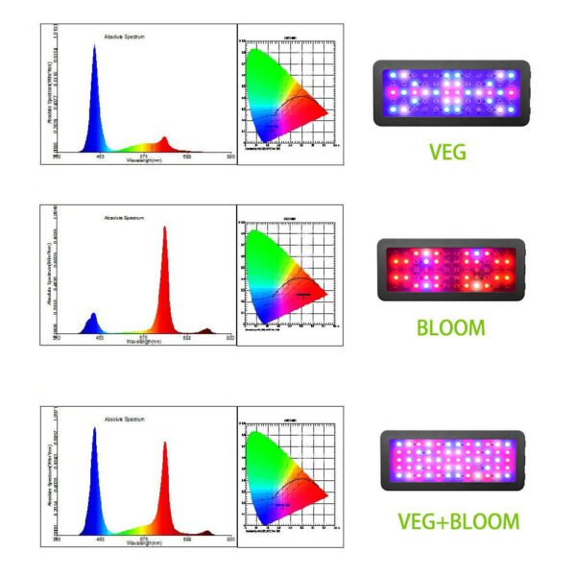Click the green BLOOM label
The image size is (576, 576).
pos(450,327)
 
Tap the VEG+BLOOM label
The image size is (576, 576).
pos(458,522)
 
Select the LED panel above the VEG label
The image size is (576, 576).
pos(451,94)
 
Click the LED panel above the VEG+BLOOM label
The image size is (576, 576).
pos(452,461)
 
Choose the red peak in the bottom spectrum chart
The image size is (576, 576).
pos(164,485)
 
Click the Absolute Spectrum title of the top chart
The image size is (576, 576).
pos(124,38)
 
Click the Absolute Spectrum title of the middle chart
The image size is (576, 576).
pos(124,218)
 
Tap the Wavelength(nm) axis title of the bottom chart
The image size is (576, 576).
pos(145,544)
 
